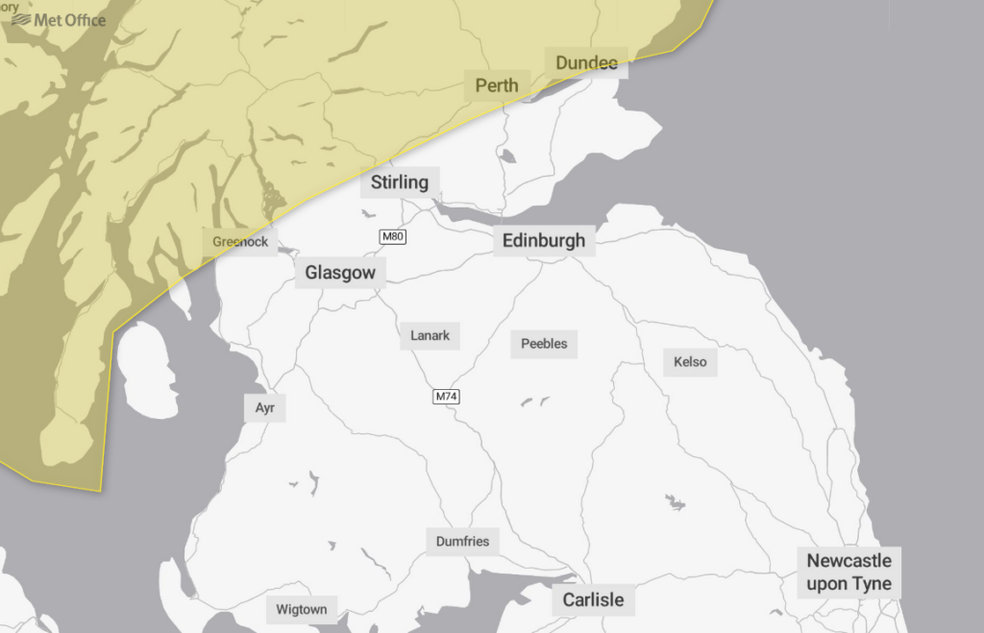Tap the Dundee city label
(x=586, y=63)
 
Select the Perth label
(x=497, y=85)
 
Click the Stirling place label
(x=400, y=182)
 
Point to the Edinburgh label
(x=543, y=240)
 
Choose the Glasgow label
(x=340, y=273)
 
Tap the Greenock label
(x=240, y=242)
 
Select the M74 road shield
(x=446, y=396)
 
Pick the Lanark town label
(x=430, y=335)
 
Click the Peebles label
(x=544, y=343)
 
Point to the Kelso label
(x=690, y=361)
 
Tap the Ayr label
(x=264, y=407)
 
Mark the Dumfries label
(x=462, y=541)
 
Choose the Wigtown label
(x=302, y=609)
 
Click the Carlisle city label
(x=593, y=599)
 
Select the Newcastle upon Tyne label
(x=849, y=572)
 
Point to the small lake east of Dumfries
(x=676, y=501)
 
